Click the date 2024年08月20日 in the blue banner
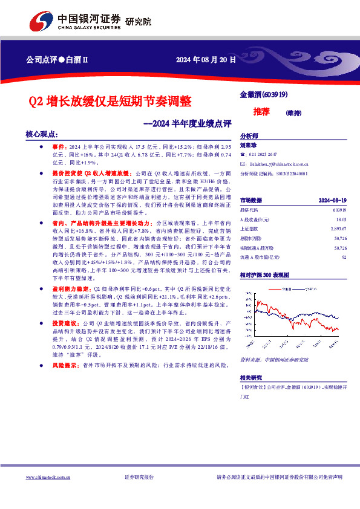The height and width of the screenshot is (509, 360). click(203, 59)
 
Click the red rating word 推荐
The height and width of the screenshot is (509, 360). click(261, 112)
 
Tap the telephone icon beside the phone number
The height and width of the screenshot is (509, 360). click(243, 154)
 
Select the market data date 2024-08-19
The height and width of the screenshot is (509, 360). click(332, 199)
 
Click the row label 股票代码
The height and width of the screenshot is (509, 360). click(250, 211)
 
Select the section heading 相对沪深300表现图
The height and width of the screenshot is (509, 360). click(265, 275)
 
